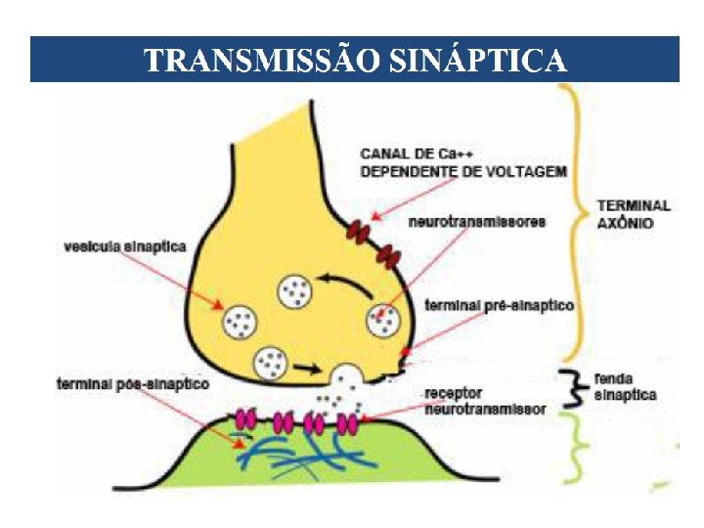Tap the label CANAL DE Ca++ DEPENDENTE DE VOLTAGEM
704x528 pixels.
[462, 162]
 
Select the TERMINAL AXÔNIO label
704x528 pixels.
[634, 214]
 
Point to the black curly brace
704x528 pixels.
[570, 385]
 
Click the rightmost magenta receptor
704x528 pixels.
[346, 424]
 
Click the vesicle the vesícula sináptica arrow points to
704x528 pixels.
[241, 319]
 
